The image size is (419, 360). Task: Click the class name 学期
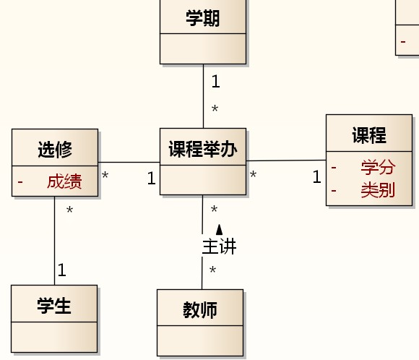pyautogui.click(x=203, y=18)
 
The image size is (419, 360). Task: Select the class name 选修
pyautogui.click(x=55, y=149)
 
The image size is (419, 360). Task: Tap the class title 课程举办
pyautogui.click(x=203, y=149)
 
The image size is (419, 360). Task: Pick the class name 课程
pyautogui.click(x=369, y=135)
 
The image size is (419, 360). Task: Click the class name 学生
pyautogui.click(x=54, y=306)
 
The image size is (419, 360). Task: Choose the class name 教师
pyautogui.click(x=200, y=310)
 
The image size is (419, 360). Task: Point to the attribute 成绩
pyautogui.click(x=64, y=181)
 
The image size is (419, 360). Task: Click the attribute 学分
pyautogui.click(x=378, y=167)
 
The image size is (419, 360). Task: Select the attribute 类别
pyautogui.click(x=378, y=190)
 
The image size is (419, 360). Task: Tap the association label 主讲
pyautogui.click(x=219, y=247)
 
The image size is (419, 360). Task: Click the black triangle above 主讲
pyautogui.click(x=219, y=229)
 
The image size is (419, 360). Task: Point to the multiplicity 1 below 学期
pyautogui.click(x=216, y=81)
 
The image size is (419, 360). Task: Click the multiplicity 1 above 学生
pyautogui.click(x=61, y=270)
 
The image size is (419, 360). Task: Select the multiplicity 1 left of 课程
pyautogui.click(x=316, y=176)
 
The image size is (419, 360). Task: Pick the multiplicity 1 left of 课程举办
pyautogui.click(x=151, y=178)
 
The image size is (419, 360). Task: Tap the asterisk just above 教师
pyautogui.click(x=212, y=270)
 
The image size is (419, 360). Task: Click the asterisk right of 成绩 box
pyautogui.click(x=105, y=175)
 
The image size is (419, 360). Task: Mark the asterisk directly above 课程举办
pyautogui.click(x=215, y=108)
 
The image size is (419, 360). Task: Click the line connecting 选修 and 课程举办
pyautogui.click(x=129, y=162)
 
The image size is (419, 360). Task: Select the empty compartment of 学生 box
pyautogui.click(x=54, y=337)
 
